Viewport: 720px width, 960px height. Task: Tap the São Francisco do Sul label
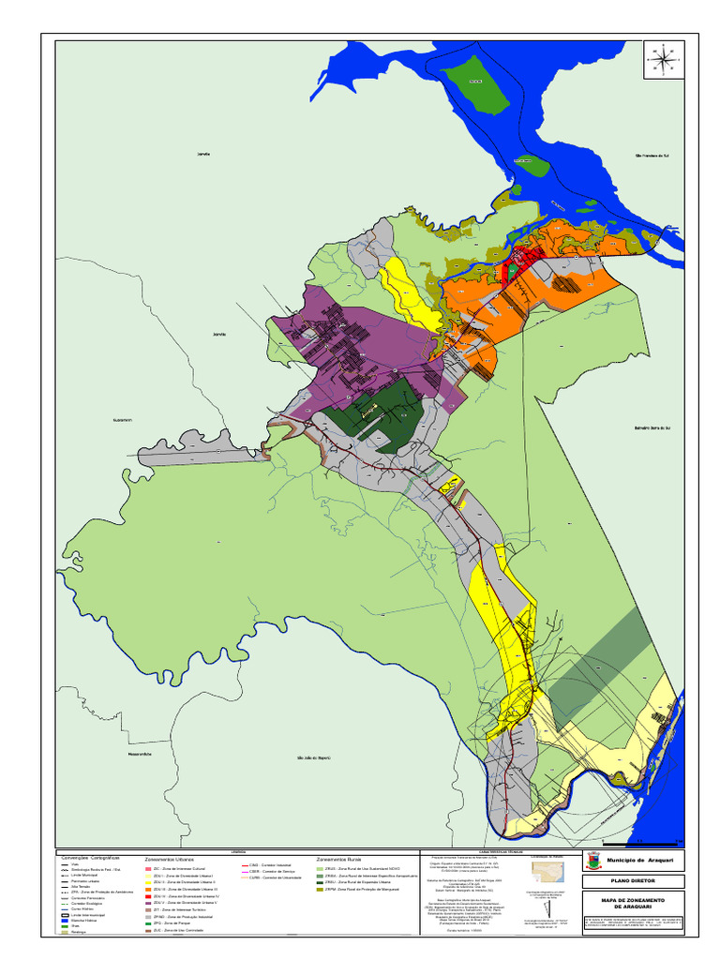[x=651, y=156]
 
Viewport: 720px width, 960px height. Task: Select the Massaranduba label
[x=140, y=754]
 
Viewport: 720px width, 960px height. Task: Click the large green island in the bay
[x=472, y=82]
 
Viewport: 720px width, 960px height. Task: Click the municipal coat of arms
[x=592, y=861]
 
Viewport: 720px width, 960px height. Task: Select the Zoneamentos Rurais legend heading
[x=339, y=859]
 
